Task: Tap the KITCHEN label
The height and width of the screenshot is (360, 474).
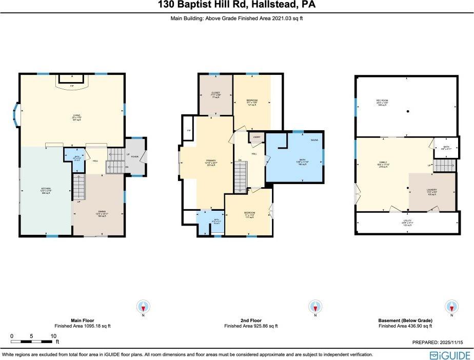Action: click(x=46, y=189)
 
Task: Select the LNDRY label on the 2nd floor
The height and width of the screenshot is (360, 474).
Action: click(x=255, y=138)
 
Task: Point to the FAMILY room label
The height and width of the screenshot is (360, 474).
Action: click(x=382, y=165)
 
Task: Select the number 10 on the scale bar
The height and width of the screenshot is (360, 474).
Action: click(x=53, y=336)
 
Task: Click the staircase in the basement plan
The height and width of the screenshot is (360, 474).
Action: click(x=445, y=165)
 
